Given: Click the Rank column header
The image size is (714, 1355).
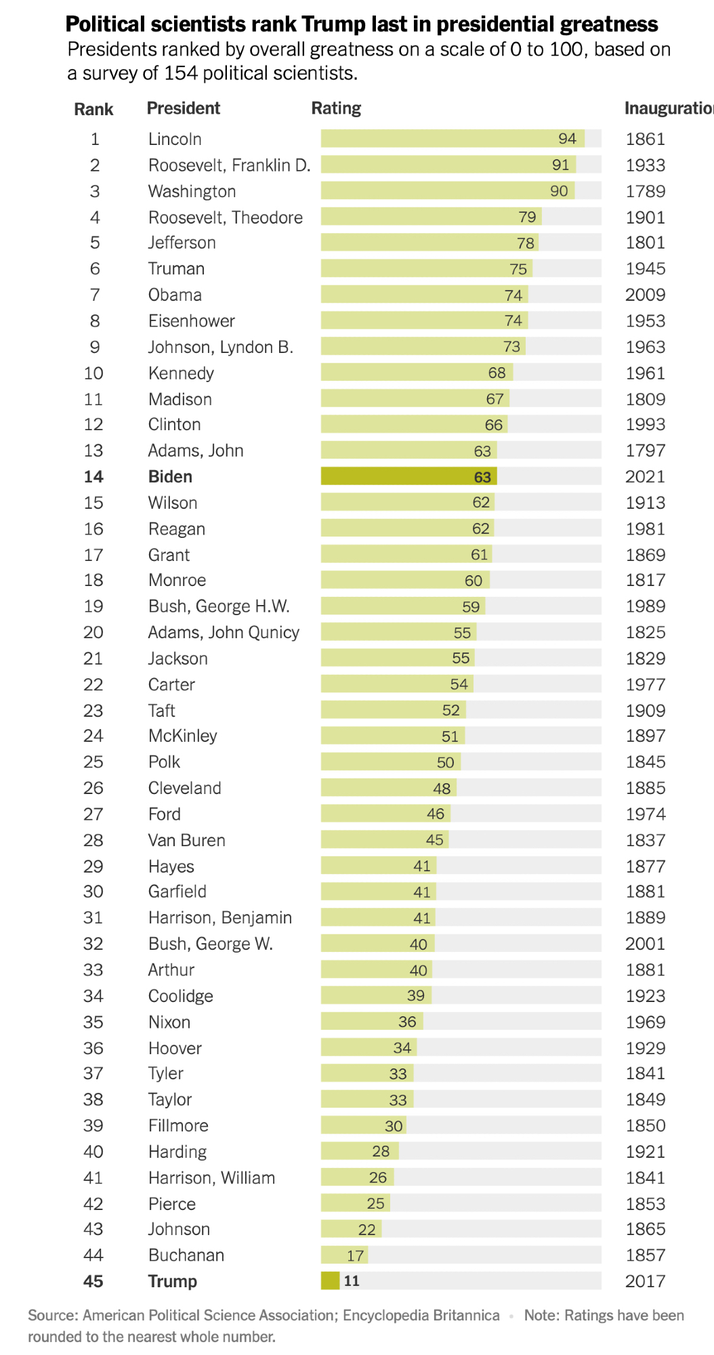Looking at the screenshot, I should (x=93, y=109).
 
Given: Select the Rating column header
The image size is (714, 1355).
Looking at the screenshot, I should (x=336, y=108).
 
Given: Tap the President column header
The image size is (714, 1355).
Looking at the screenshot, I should (x=183, y=108).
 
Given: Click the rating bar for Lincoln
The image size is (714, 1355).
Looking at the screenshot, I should (x=452, y=139).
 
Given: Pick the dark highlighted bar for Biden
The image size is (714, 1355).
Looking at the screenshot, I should (x=408, y=477).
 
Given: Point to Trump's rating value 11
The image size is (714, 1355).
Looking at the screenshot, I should (x=352, y=1281).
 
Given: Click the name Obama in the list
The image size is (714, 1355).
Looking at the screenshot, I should (x=175, y=295).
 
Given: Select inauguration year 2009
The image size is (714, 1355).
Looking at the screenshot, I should (x=645, y=295).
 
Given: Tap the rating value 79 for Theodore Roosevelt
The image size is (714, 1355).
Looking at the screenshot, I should (x=527, y=217).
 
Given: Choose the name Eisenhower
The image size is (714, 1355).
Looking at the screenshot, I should (x=191, y=321).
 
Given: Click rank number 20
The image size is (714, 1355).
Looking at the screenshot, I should (x=93, y=633).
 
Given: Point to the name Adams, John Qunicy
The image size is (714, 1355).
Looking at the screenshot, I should (x=224, y=633).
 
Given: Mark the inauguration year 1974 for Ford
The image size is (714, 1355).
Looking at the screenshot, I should (x=645, y=814).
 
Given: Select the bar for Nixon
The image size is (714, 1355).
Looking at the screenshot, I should (x=372, y=1022).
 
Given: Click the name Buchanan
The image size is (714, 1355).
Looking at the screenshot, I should (x=186, y=1255).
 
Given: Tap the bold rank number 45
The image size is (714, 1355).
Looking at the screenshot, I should (x=93, y=1281).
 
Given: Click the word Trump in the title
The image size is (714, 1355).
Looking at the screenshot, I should (x=332, y=25).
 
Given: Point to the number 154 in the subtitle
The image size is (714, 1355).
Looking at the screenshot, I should (x=181, y=73).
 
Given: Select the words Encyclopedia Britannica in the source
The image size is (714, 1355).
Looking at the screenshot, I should (x=421, y=1316).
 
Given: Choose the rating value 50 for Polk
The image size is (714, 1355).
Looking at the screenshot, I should (x=445, y=762).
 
